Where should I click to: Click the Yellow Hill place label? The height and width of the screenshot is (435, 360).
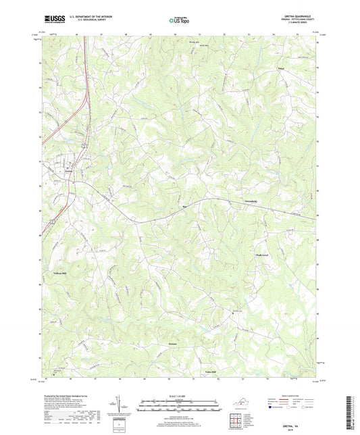tap(60, 272)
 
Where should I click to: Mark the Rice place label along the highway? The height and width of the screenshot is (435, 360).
tap(184, 208)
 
